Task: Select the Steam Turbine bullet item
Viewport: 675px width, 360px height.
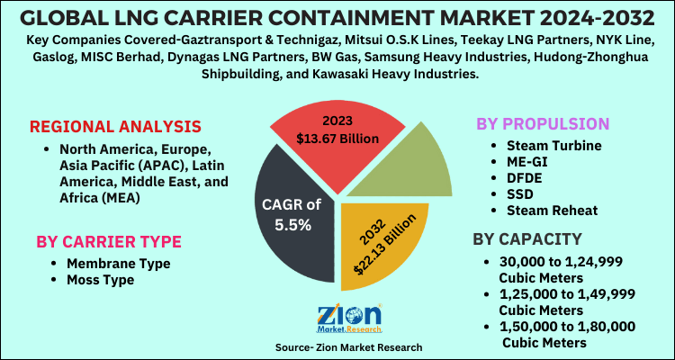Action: [543, 145]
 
